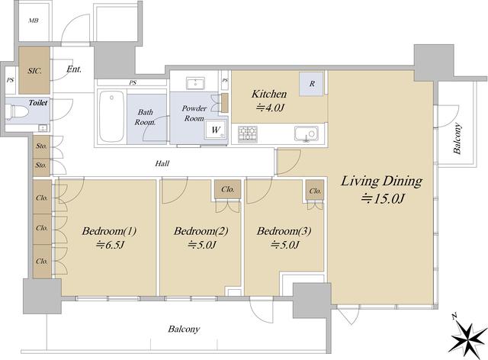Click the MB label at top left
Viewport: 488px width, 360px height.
coord(34,21)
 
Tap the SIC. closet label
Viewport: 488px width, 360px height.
coord(34,71)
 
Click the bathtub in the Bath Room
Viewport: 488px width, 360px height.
coord(112,116)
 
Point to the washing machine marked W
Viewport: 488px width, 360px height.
coord(215,130)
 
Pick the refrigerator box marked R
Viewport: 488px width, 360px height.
coord(312,84)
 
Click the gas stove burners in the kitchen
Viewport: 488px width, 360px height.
coord(247,134)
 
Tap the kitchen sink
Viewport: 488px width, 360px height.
coord(307,134)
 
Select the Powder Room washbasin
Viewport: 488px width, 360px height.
coord(195,84)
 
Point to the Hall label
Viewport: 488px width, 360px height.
coord(162,163)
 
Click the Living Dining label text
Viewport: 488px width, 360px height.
coord(381,181)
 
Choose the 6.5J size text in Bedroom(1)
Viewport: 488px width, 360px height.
coord(110,246)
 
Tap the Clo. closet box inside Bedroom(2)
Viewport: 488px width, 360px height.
coord(227,189)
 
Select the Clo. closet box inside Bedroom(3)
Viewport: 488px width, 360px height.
coord(315,191)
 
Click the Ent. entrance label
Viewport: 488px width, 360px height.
coord(74,69)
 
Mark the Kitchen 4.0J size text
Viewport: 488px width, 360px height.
coord(270,108)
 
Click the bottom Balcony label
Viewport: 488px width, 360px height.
coord(184,329)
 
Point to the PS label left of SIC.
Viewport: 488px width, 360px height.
coord(10,80)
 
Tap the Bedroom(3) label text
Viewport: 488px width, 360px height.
coord(284,231)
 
